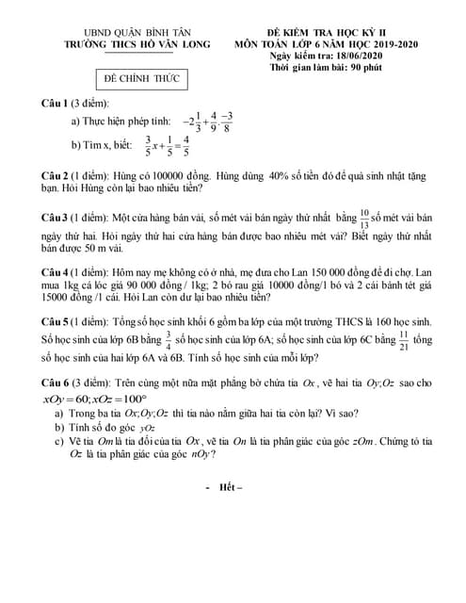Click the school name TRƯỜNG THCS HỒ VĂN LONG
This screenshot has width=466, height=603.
(137, 43)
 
